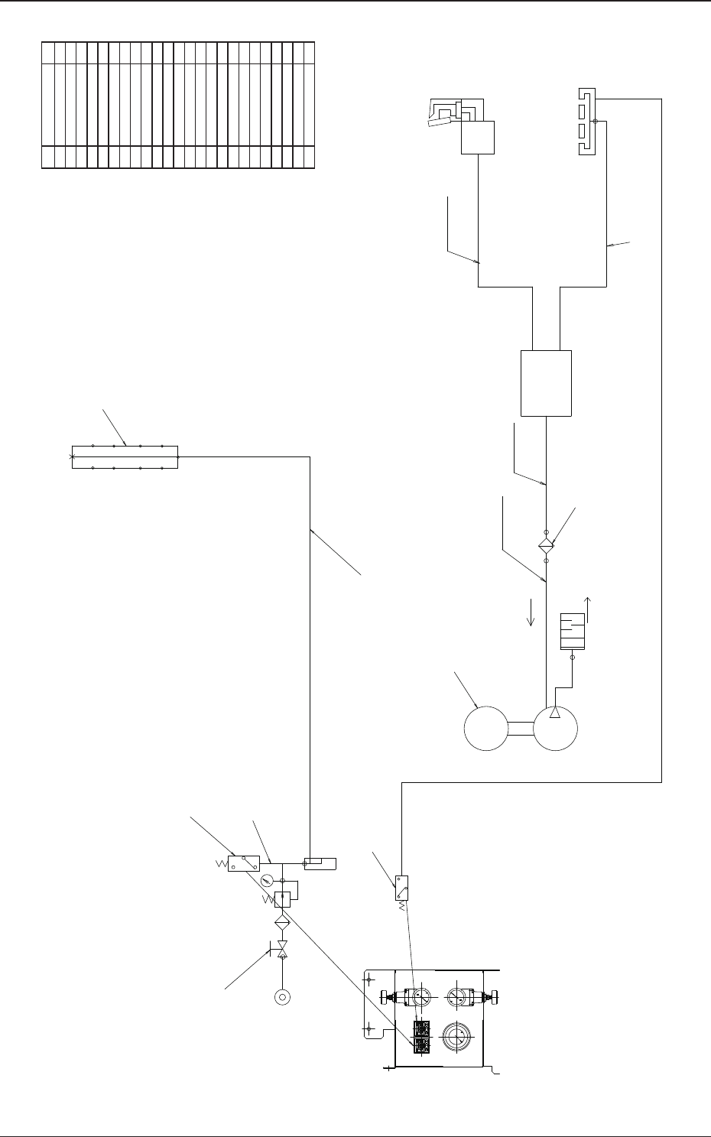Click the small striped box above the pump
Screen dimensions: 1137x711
572,631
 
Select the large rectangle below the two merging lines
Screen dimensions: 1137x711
546,383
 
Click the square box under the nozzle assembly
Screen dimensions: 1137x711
478,138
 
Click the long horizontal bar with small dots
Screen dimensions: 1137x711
125,456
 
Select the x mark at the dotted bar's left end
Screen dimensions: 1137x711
72,457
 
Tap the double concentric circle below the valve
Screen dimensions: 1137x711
283,997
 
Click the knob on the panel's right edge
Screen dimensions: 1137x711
497,997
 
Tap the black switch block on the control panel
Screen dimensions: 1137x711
420,1037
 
